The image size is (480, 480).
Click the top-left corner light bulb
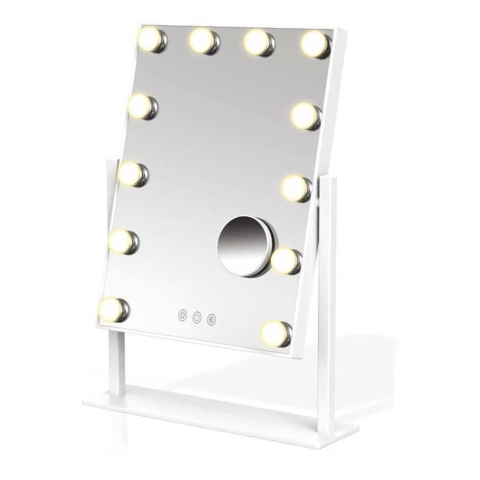pos(152,39)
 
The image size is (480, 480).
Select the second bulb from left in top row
pos(204,41)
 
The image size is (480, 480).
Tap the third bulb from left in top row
pos(258,43)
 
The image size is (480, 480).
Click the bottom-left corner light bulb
pos(113,310)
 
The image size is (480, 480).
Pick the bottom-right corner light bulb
pos(276,333)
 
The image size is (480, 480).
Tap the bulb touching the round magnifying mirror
pos(286,261)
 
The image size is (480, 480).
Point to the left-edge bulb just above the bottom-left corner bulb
pos(123,242)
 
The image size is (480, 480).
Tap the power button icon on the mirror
pos(197,317)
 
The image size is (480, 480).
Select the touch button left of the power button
pos(183,315)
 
